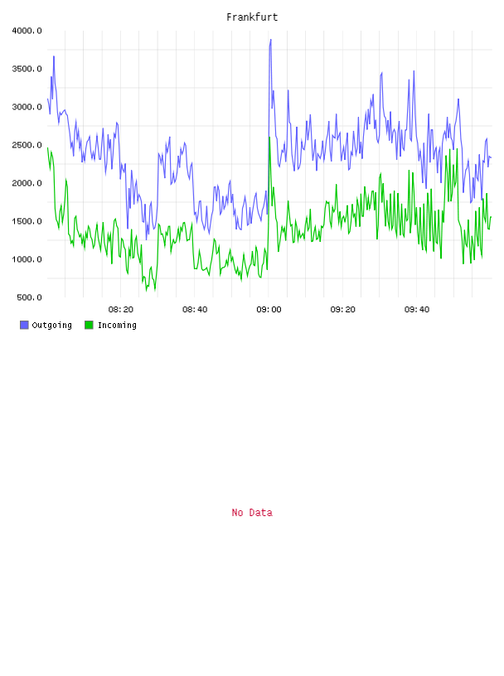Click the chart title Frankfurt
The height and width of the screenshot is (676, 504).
pyautogui.click(x=252, y=17)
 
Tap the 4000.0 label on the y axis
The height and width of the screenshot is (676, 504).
pyautogui.click(x=27, y=31)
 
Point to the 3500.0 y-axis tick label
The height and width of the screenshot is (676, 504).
pyautogui.click(x=27, y=69)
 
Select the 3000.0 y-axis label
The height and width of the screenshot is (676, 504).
pyautogui.click(x=27, y=107)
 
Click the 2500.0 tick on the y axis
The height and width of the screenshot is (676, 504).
pyautogui.click(x=27, y=145)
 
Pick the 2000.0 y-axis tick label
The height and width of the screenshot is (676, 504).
pyautogui.click(x=27, y=183)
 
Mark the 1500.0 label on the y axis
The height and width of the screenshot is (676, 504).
pyautogui.click(x=27, y=221)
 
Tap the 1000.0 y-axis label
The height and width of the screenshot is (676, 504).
pyautogui.click(x=27, y=259)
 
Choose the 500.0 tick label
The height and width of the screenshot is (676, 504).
pyautogui.click(x=29, y=297)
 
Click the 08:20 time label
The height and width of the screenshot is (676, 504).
pyautogui.click(x=121, y=310)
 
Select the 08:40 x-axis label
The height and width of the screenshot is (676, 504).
pyautogui.click(x=195, y=310)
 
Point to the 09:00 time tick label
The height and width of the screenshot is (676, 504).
pyautogui.click(x=269, y=310)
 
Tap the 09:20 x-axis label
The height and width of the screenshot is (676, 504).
pyautogui.click(x=342, y=310)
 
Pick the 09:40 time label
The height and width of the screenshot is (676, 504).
pyautogui.click(x=417, y=310)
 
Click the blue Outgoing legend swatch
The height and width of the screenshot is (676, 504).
pyautogui.click(x=24, y=325)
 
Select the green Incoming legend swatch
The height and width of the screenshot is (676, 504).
pyautogui.click(x=89, y=325)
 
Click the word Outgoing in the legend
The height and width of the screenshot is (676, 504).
pyautogui.click(x=51, y=325)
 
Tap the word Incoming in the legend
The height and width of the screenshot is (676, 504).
pyautogui.click(x=117, y=325)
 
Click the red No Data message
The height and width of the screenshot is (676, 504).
pyautogui.click(x=252, y=513)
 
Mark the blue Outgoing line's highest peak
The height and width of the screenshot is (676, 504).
pyautogui.click(x=270, y=39)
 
